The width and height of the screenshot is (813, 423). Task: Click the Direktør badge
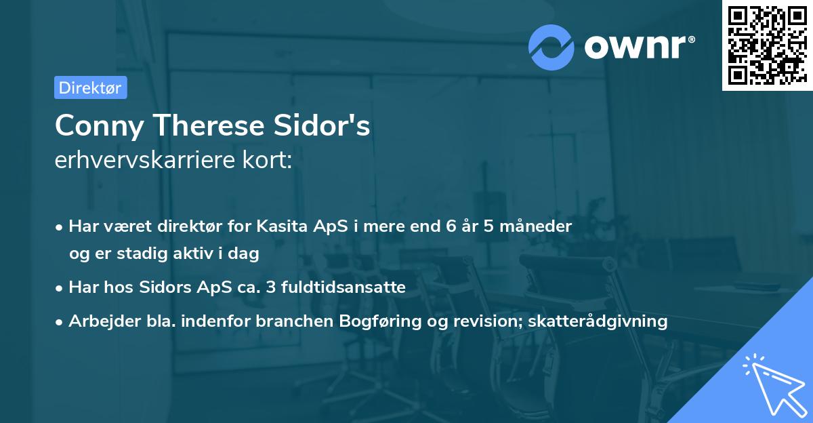click(x=90, y=87)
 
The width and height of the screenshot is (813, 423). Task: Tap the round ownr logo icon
click(x=551, y=47)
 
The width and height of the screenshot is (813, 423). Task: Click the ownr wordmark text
click(x=639, y=47)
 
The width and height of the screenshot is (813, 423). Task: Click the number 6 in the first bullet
click(x=450, y=226)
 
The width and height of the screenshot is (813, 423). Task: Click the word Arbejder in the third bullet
click(x=98, y=321)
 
